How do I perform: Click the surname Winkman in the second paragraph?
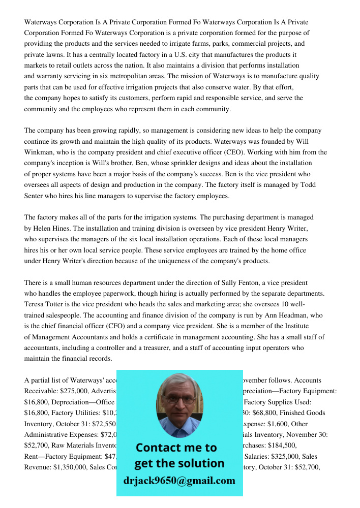tap(40, 152)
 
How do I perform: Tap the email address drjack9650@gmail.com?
tap(179, 481)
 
